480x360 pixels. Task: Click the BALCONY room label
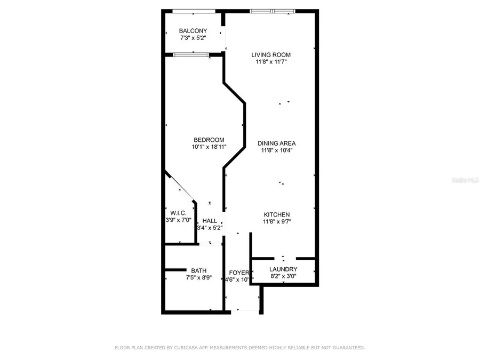[193, 31]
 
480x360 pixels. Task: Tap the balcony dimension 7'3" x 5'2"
[193, 38]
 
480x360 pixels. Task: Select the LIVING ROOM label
[271, 54]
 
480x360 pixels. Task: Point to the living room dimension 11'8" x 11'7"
[271, 62]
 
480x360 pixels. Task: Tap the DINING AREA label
[276, 143]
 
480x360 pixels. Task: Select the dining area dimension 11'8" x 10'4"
[276, 150]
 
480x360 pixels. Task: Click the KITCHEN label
[276, 214]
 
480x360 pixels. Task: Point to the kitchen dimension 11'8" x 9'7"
[276, 222]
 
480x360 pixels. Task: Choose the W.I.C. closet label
[178, 213]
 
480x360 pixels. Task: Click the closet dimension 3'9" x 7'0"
[178, 220]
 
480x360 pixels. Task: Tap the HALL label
[210, 220]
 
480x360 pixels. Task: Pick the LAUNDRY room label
[283, 269]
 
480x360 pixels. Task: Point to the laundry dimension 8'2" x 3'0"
[283, 276]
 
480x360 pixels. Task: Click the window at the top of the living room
[273, 11]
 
